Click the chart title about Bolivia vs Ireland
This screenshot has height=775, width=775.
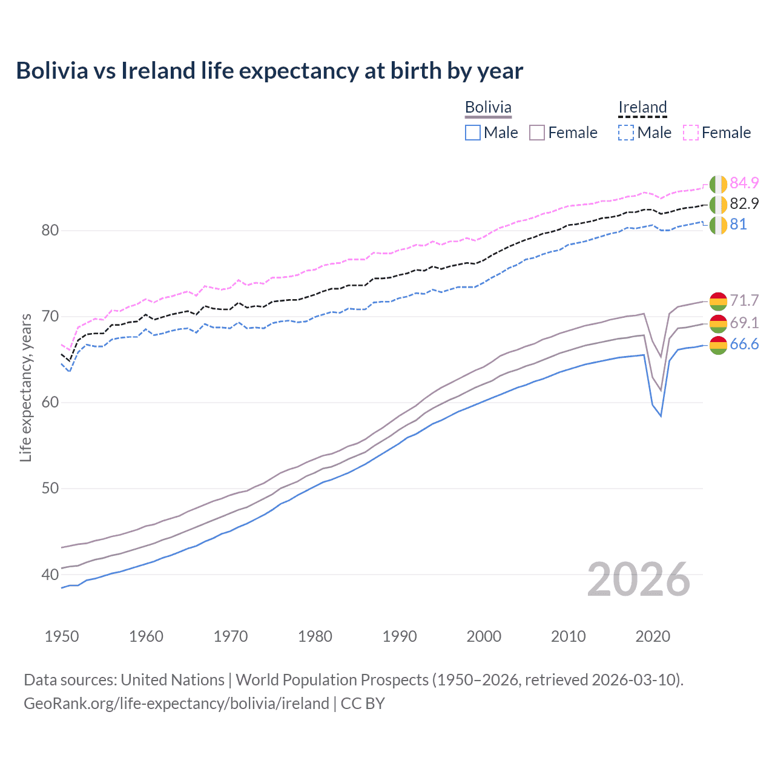269,71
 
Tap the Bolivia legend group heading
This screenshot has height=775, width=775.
488,107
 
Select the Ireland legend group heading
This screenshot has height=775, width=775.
642,107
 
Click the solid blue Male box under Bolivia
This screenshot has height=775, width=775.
473,133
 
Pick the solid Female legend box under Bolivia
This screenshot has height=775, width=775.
537,133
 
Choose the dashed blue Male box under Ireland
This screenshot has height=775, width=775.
626,133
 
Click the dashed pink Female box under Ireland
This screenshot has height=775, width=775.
691,133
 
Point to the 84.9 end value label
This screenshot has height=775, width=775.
744,183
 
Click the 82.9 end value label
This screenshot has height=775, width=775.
744,203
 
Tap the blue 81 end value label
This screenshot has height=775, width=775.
738,224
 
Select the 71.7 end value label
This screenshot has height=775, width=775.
744,300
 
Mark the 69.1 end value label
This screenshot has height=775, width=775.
744,322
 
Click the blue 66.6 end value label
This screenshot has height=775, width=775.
744,345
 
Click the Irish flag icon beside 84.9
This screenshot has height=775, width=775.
718,184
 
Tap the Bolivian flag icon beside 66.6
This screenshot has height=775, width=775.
718,346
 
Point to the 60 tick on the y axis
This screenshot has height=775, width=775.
50,403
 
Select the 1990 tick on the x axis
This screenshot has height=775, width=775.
400,636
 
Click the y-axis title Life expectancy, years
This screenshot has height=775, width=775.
25,387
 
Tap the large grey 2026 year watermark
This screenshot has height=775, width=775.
639,579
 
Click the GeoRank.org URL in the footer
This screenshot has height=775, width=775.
176,704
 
